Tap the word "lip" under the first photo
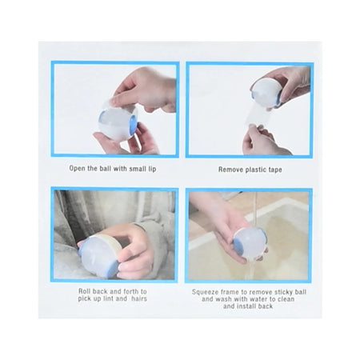click(x=152, y=169)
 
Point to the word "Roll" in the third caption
click(x=85, y=291)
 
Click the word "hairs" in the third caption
click(x=139, y=298)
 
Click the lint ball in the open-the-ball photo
click(x=118, y=122)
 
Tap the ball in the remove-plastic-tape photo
click(x=266, y=92)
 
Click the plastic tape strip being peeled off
click(x=257, y=115)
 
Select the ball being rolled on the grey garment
click(x=100, y=256)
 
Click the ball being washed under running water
click(x=250, y=242)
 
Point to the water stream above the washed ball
click(x=255, y=210)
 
